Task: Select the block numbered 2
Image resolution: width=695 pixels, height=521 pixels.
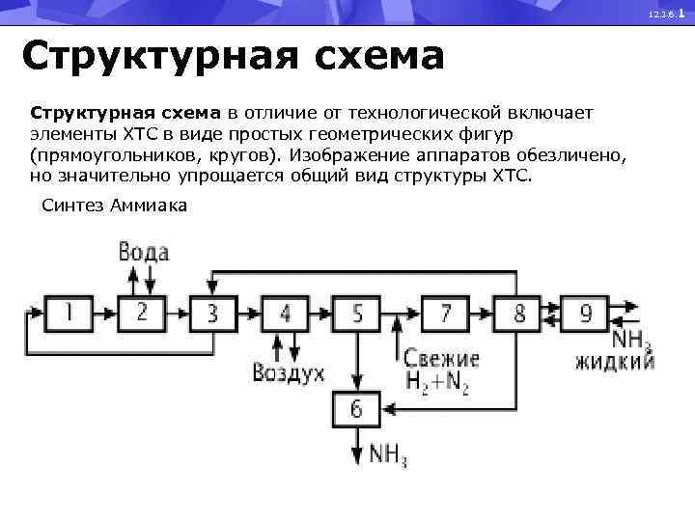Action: click(x=142, y=313)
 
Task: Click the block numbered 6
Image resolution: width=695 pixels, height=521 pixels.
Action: click(x=357, y=411)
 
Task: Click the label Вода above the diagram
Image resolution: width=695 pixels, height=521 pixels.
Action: click(x=144, y=253)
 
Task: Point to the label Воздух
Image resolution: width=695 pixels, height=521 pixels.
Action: click(x=288, y=372)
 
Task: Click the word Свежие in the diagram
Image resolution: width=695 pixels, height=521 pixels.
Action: click(x=442, y=356)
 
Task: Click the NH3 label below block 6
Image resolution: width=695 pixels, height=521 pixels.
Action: click(x=388, y=455)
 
